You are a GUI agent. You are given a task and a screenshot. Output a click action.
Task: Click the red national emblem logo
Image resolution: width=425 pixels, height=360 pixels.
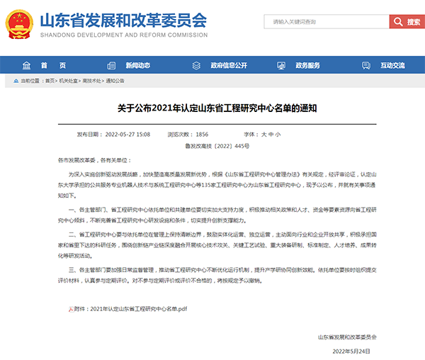[x=20, y=22]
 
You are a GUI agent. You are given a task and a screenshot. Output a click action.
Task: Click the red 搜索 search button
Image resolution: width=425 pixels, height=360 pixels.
[x=407, y=22]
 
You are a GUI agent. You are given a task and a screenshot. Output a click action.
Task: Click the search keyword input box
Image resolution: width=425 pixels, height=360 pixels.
[x=325, y=22]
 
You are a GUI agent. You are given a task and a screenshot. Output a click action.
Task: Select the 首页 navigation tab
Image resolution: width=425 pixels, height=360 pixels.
[x=62, y=64]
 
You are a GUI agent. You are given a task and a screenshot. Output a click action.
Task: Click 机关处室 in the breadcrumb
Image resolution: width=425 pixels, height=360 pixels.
[x=69, y=81]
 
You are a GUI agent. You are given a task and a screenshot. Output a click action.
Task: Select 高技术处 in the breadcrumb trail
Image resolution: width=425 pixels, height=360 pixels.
[x=92, y=81]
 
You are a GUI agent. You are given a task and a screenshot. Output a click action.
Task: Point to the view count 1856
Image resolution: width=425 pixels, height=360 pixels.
[x=202, y=134]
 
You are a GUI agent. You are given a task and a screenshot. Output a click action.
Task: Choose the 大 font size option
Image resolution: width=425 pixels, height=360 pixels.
[x=263, y=134]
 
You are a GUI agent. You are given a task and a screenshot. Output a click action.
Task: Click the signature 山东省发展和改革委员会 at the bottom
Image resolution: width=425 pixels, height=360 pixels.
[x=348, y=337]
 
